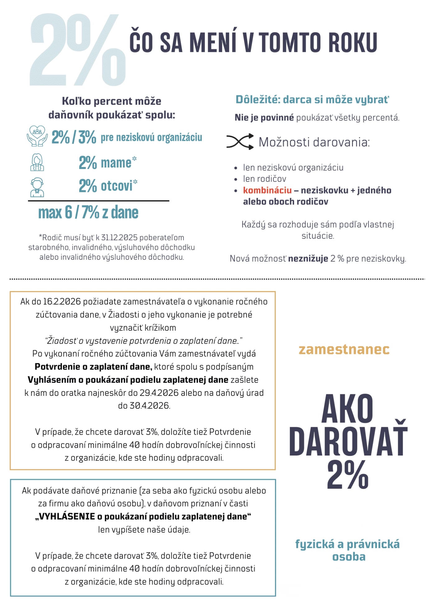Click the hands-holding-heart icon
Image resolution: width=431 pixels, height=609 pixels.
(37, 136)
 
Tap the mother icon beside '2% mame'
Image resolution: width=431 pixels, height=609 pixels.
(37, 162)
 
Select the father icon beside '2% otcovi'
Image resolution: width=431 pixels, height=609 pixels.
(37, 187)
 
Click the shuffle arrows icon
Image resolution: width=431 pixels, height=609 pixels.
(240, 142)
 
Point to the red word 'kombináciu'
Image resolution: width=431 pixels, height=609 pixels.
(267, 190)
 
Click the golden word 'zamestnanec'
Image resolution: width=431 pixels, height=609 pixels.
(344, 349)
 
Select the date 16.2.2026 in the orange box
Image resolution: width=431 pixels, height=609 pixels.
(62, 301)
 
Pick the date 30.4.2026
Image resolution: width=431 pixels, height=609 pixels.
(144, 405)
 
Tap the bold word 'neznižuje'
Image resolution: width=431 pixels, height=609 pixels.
(308, 259)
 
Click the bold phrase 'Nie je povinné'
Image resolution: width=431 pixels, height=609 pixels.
(264, 117)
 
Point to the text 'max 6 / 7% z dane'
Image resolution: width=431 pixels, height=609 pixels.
(88, 213)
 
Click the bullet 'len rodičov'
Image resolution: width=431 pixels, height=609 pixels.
(264, 179)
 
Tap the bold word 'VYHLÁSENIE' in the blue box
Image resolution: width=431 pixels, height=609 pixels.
(67, 516)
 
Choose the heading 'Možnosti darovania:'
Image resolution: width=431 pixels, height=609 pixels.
(314, 142)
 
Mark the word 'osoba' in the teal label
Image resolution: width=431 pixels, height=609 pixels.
(349, 556)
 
